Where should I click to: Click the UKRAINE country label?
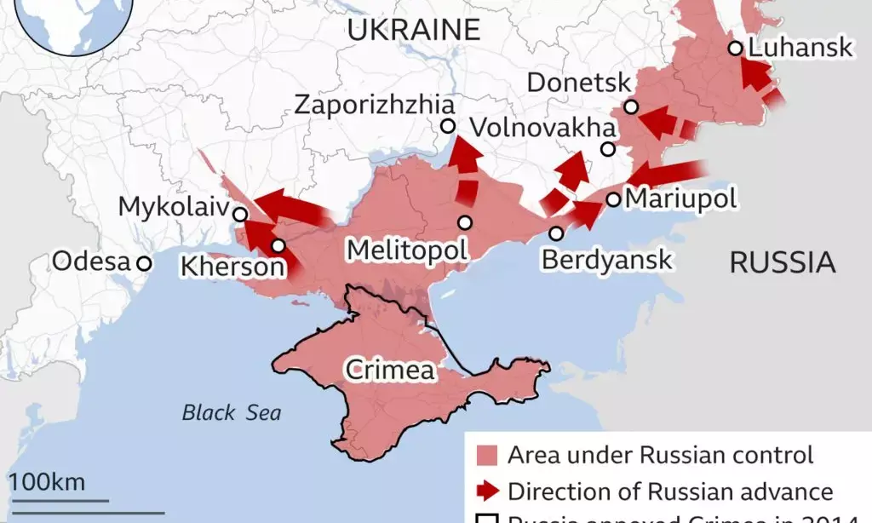point(413,30)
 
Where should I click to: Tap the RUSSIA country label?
point(782,263)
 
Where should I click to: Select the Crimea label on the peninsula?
point(389,371)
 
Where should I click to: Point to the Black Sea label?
point(231,413)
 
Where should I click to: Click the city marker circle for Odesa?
point(145,263)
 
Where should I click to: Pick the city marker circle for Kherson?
point(278,246)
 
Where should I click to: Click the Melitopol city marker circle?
point(465,222)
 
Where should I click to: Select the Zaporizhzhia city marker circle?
point(448,126)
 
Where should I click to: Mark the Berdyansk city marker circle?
point(556,233)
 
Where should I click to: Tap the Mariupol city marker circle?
point(613,199)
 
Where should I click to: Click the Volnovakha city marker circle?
point(607,149)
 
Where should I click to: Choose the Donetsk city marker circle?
point(630,106)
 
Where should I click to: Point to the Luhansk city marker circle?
point(735,49)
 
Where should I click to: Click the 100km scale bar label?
point(48,482)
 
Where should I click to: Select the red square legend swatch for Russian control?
point(487,455)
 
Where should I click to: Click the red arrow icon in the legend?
point(488,491)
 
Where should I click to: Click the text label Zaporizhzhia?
point(374,105)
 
